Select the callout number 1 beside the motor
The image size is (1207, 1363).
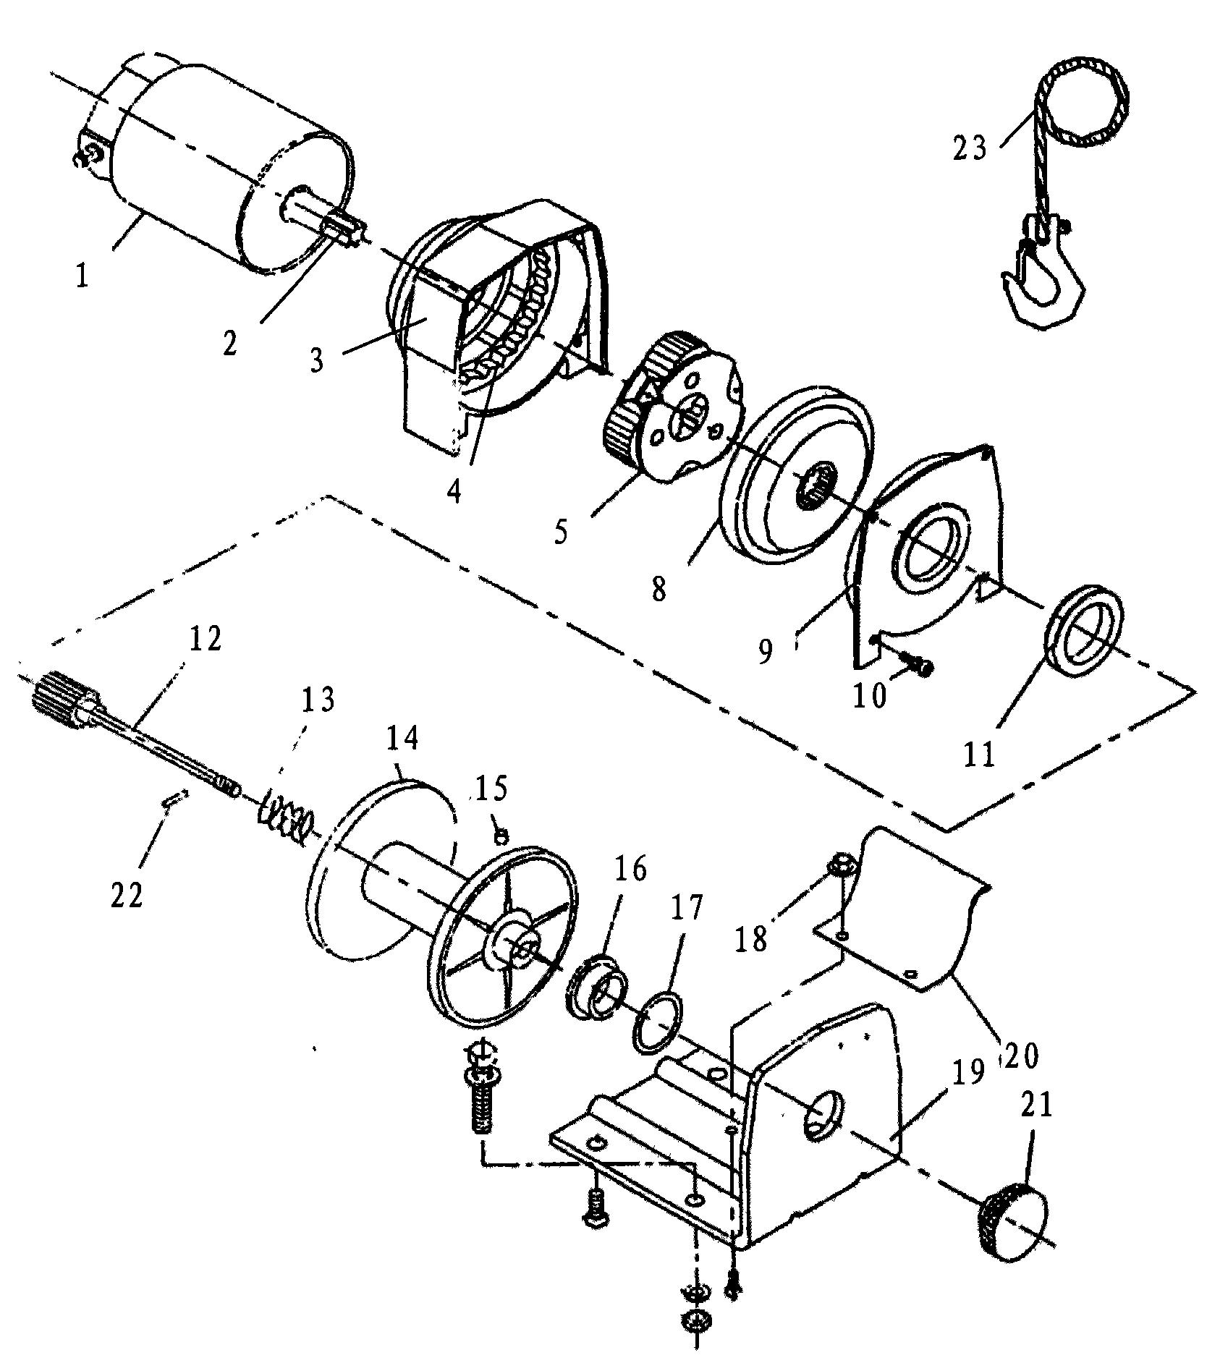tap(83, 276)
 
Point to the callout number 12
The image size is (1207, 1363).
tap(205, 639)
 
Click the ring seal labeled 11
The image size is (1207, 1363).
tap(1084, 628)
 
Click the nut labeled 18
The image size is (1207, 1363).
tap(842, 863)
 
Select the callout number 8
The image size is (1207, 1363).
tap(658, 589)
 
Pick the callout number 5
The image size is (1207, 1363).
tap(561, 532)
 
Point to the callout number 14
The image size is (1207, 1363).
tap(402, 738)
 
